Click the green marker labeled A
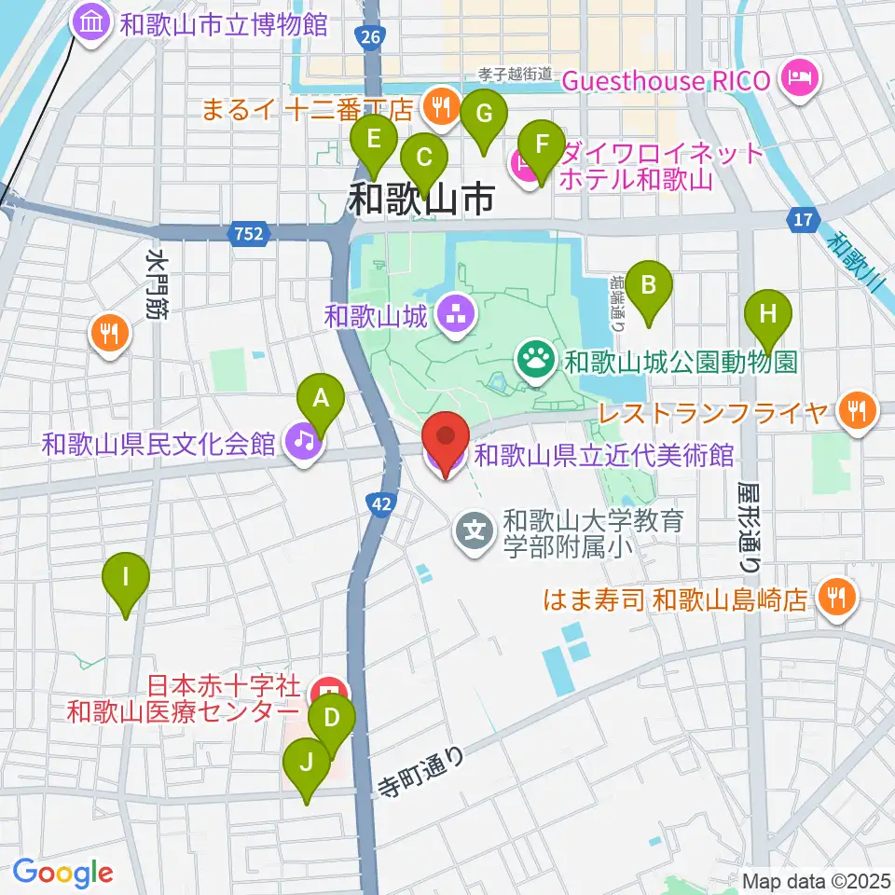[321, 400]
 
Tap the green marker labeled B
[649, 285]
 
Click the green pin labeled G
[484, 115]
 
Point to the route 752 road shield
[249, 234]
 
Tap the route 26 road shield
[370, 37]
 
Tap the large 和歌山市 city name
[421, 199]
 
